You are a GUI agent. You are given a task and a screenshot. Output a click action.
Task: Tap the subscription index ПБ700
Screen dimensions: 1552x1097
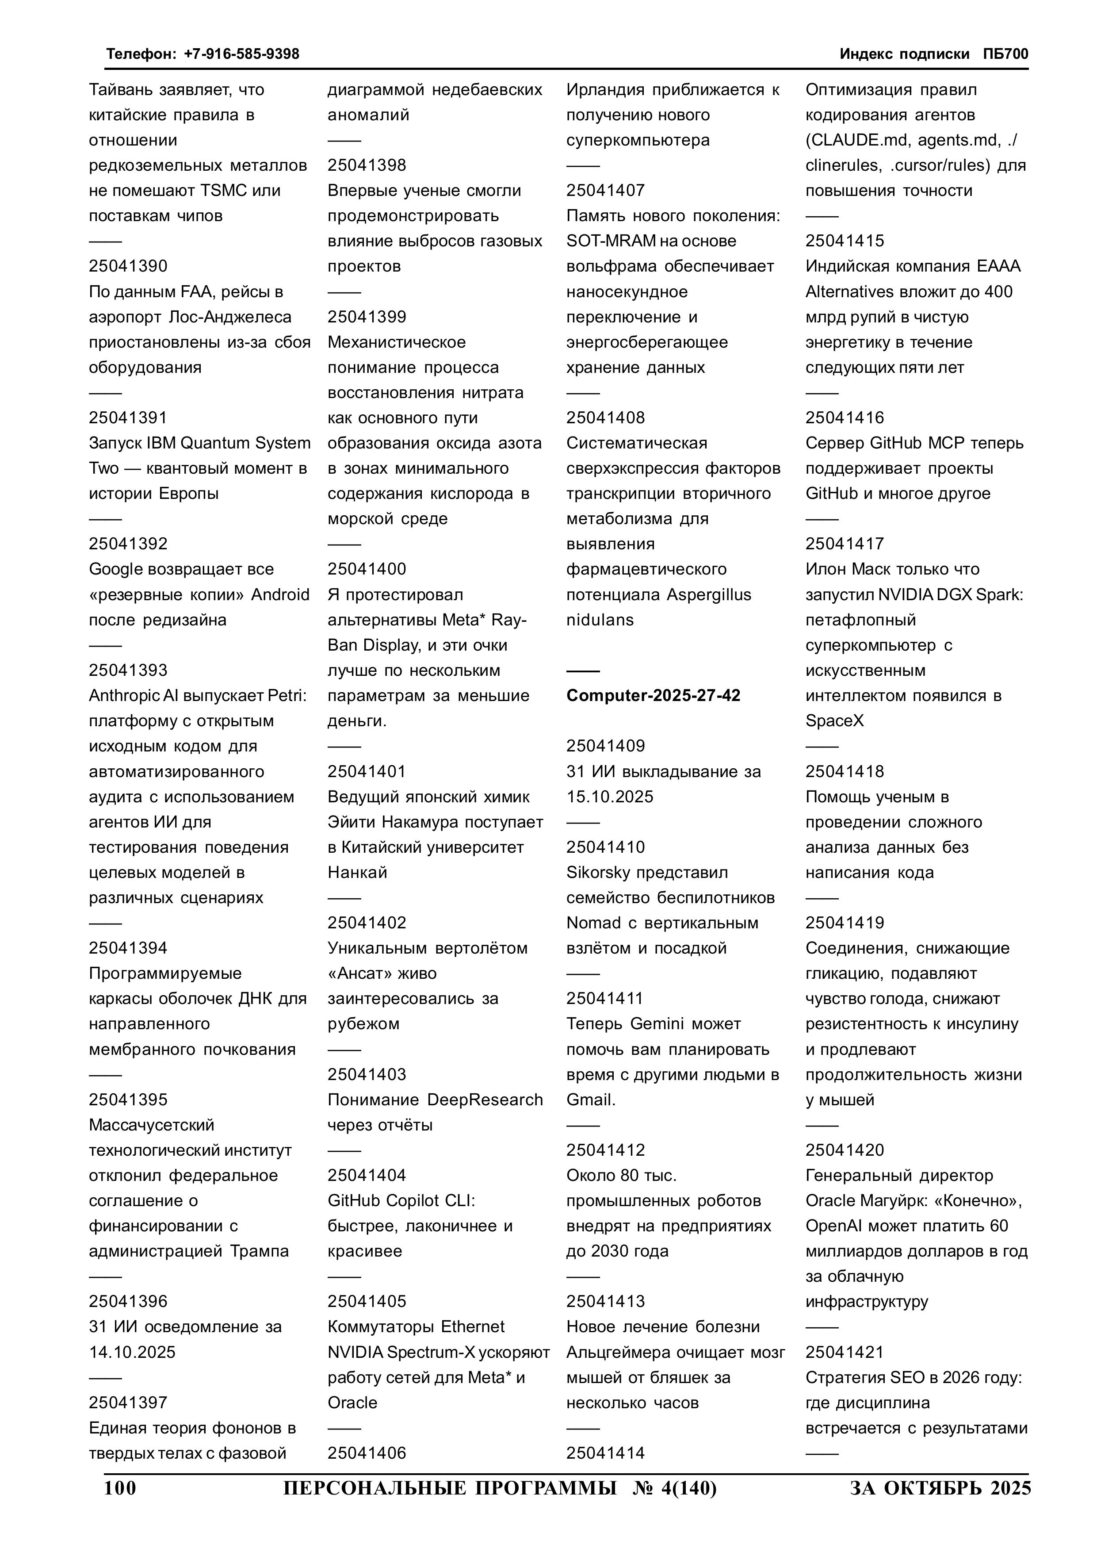[x=1006, y=54]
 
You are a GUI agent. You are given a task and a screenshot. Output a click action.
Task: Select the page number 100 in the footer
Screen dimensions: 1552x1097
[x=120, y=1488]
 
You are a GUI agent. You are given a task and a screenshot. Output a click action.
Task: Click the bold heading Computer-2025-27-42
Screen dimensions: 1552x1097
[x=653, y=696]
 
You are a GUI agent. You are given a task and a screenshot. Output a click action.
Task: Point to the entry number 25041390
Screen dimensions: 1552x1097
[x=128, y=266]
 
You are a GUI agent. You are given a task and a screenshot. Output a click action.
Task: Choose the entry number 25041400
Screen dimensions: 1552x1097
[x=367, y=569]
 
